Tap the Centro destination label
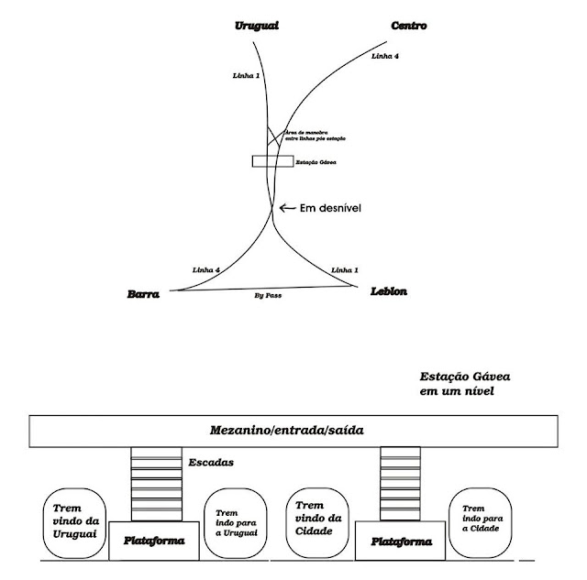[408, 26]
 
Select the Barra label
[144, 295]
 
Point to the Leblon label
[389, 291]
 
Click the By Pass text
[266, 297]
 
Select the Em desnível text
[334, 208]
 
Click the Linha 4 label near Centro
[384, 56]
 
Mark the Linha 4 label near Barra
[207, 268]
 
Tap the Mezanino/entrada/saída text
[295, 431]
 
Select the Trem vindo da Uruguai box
[73, 524]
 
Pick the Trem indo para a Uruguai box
[234, 524]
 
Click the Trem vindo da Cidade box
[315, 522]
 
